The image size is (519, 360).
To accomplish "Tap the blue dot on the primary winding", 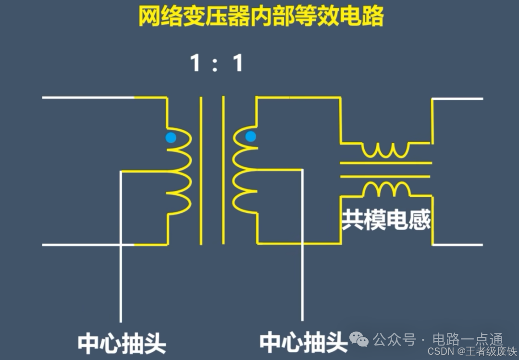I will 171,138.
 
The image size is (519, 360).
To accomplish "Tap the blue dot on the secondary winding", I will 250,137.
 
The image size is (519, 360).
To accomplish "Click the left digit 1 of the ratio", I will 195,63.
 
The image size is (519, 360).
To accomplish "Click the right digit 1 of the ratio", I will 237,63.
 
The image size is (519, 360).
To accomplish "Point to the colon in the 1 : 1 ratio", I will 216,64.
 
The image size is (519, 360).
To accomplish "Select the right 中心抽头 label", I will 303,342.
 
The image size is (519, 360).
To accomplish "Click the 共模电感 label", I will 386,220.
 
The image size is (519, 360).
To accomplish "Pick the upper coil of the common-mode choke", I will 386,150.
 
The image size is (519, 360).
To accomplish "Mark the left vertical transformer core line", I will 201,171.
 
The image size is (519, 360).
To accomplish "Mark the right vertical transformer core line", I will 223,171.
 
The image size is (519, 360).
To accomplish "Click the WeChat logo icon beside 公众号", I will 360,340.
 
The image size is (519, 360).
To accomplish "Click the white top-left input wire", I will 86,98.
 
